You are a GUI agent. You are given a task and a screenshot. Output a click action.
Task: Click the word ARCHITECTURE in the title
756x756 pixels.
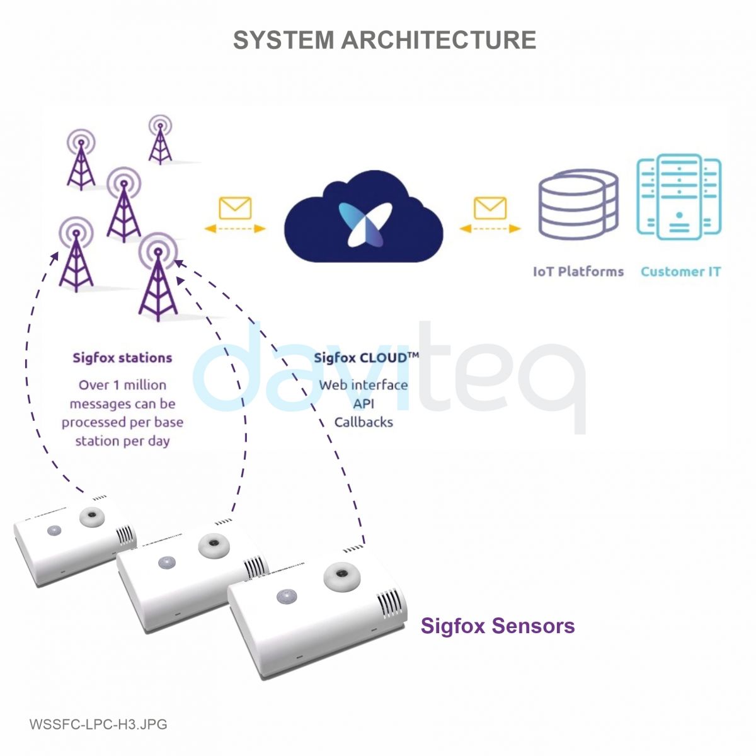point(438,40)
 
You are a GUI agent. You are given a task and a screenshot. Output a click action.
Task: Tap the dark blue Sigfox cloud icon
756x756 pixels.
point(364,217)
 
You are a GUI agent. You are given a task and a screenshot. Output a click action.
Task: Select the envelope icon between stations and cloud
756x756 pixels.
point(235,208)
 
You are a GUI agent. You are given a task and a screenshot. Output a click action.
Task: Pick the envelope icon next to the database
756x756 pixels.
point(490,208)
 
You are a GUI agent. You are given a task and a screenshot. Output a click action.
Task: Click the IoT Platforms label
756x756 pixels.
point(578,272)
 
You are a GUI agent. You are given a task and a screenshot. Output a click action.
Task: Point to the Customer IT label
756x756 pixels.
point(680,272)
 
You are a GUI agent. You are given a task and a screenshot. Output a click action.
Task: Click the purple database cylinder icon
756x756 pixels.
point(578,204)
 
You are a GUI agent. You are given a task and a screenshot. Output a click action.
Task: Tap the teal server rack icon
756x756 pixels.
point(679,197)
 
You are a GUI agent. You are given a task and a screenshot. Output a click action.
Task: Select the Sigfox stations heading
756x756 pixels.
point(122,358)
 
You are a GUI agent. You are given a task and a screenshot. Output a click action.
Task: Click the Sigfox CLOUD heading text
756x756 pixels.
point(366,358)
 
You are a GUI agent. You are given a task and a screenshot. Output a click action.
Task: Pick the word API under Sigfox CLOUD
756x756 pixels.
point(364,404)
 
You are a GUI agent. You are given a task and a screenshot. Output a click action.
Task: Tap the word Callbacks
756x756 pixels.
point(364,422)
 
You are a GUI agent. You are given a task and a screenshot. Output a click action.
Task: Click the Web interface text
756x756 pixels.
point(364,385)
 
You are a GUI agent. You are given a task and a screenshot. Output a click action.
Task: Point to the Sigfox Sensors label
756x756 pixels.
point(498,626)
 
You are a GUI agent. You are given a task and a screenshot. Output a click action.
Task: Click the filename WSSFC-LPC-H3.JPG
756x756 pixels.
point(98,724)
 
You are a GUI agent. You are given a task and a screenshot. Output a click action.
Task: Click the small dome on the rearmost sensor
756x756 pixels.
point(54,530)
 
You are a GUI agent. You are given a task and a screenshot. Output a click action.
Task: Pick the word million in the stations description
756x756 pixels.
point(144,385)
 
